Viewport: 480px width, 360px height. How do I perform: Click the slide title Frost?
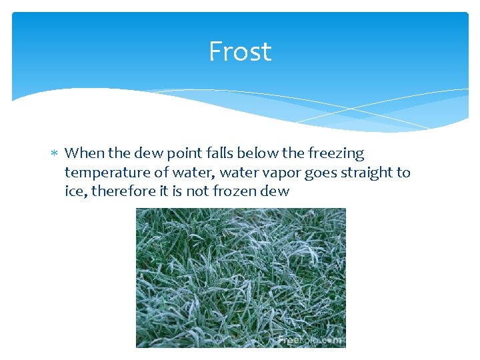pyautogui.click(x=240, y=51)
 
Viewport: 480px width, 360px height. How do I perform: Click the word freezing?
pyautogui.click(x=336, y=154)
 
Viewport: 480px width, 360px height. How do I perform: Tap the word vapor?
pyautogui.click(x=282, y=173)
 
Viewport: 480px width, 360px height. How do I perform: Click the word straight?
pyautogui.click(x=368, y=173)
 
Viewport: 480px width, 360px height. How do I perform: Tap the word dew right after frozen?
pyautogui.click(x=277, y=191)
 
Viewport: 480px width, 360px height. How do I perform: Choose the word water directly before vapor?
pyautogui.click(x=238, y=173)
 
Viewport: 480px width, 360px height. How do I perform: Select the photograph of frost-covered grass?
pyautogui.click(x=241, y=277)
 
